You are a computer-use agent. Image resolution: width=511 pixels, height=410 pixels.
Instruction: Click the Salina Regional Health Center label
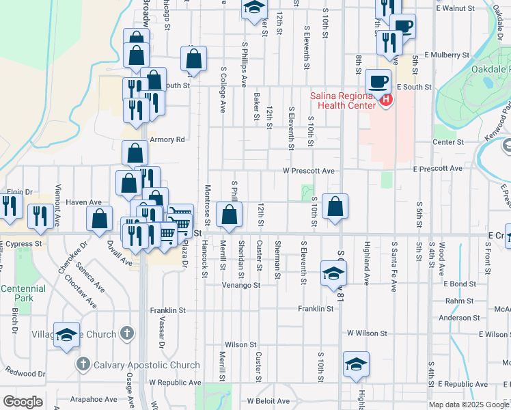pos(343,100)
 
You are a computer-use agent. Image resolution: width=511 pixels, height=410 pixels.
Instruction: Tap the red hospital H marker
pos(386,100)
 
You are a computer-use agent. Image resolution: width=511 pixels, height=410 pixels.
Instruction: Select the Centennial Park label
pos(23,293)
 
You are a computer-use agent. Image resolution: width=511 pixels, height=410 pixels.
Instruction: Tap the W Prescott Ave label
pos(309,171)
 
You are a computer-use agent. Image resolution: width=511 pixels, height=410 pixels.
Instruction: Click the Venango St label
pos(242,286)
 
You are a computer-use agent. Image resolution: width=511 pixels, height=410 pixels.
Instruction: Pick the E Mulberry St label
pos(447,55)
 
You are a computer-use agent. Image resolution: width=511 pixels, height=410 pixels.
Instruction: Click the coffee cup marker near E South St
pos(377,82)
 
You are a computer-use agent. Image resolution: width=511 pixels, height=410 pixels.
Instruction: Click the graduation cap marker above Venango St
pos(333,274)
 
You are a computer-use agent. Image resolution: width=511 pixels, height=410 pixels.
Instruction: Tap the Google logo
pos(23,402)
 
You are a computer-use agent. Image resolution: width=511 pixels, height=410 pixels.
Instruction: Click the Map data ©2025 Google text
pos(469,405)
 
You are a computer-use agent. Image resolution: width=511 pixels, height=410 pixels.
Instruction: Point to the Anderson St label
pos(459,318)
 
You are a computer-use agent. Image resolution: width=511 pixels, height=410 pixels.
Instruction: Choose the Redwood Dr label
pos(25,374)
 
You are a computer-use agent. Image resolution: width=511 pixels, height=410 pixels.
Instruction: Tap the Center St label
pos(448,142)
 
